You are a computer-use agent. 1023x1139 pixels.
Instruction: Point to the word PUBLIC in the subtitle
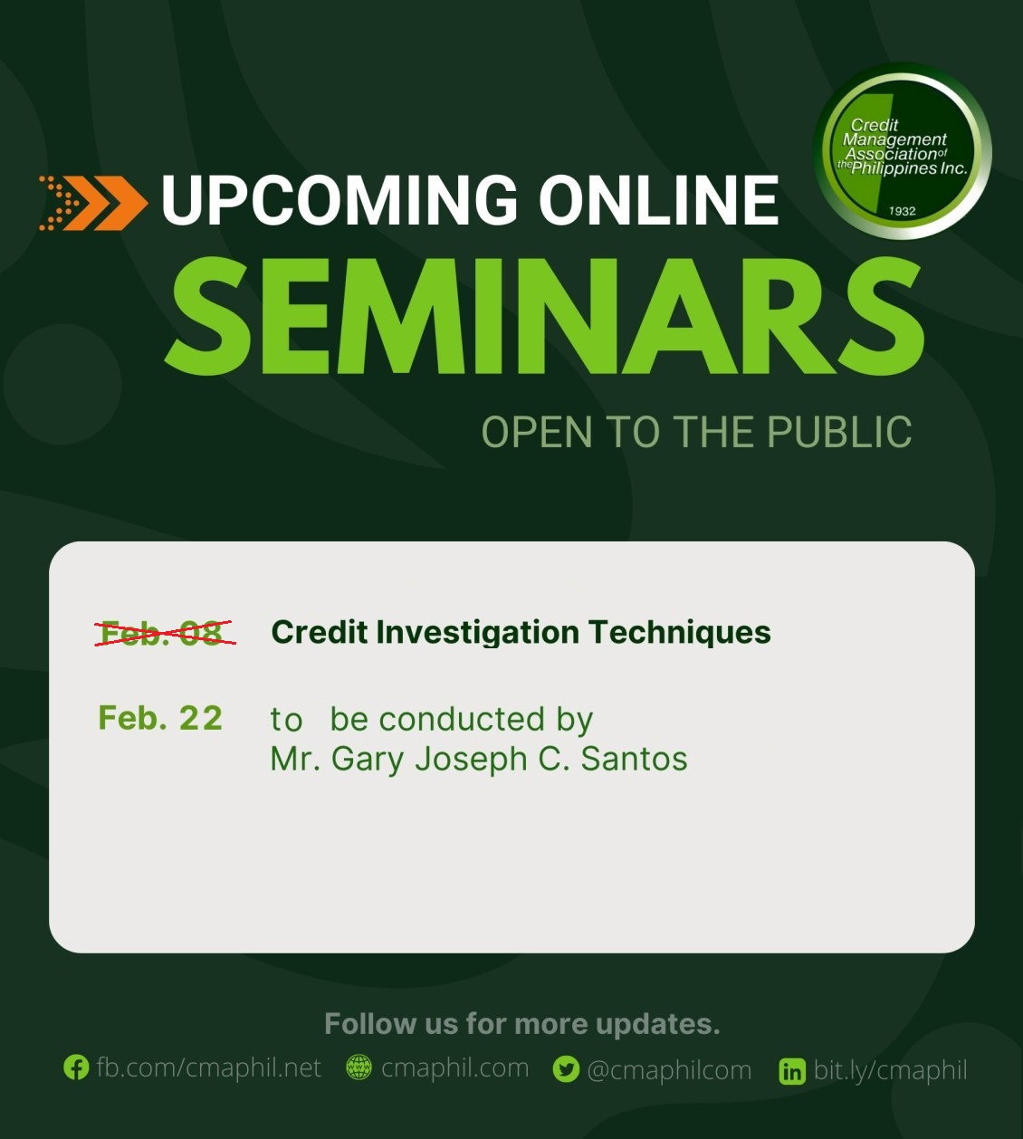[839, 432]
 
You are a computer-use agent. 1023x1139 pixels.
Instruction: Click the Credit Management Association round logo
[903, 151]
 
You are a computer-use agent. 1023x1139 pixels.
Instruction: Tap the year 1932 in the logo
[903, 211]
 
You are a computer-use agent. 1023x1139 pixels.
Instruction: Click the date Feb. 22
[160, 718]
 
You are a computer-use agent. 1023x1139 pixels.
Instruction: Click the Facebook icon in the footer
[76, 1068]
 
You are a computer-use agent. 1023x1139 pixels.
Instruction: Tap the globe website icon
[359, 1068]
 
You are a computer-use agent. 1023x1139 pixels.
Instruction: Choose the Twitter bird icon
[566, 1070]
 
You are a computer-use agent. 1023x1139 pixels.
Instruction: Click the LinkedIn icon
[791, 1072]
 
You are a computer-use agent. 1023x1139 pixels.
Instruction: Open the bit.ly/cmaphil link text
[890, 1070]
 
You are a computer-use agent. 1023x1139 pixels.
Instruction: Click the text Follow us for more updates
[521, 1024]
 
